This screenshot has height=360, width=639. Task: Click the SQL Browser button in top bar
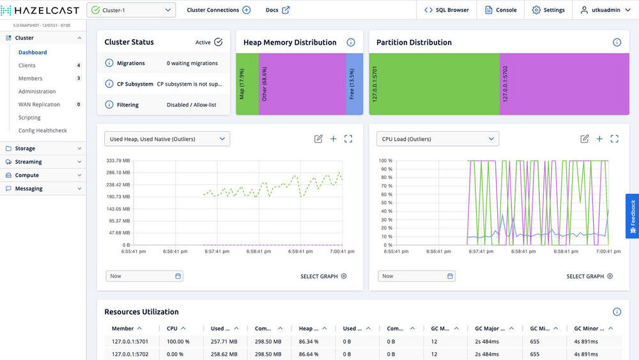pos(447,10)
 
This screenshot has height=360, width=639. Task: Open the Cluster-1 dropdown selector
pos(131,10)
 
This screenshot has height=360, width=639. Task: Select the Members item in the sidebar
pos(30,79)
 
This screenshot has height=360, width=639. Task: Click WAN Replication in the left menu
pos(39,104)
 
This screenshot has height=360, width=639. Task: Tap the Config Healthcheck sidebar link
pos(42,130)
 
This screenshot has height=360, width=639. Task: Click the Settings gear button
pos(548,10)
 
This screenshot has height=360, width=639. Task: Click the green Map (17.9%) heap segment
pos(247,84)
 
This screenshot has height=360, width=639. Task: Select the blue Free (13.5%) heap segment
pos(355,84)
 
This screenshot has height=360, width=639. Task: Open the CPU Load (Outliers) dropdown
pos(438,139)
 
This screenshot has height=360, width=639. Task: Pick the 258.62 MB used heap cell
pos(224,354)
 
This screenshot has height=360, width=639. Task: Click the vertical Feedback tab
pos(633,215)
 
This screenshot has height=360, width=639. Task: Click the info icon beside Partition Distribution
pos(617,42)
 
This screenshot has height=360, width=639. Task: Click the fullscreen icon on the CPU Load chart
pos(614,139)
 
